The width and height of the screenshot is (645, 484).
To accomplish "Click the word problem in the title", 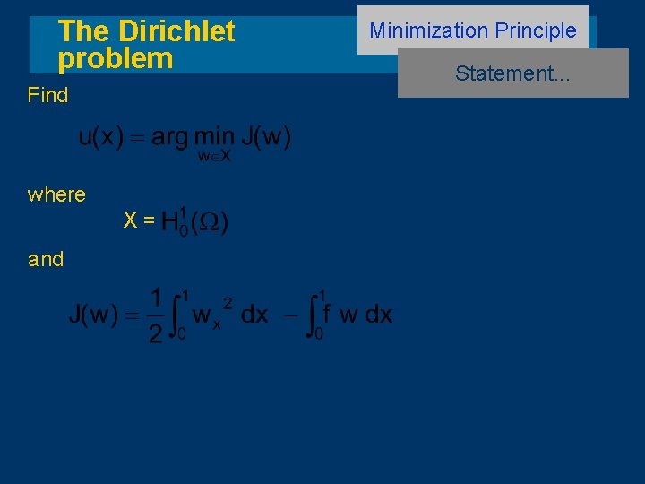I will point(116,58).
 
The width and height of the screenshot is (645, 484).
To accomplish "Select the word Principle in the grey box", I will point(535,30).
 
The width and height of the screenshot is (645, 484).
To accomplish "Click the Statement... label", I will point(512,73).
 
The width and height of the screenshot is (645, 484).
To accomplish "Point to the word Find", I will point(47,95).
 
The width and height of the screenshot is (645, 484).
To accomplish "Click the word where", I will point(56,194).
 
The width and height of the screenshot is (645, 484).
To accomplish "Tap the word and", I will point(46,260).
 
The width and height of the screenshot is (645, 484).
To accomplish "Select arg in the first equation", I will point(169,138).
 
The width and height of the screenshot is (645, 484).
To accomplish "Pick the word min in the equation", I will point(215,137).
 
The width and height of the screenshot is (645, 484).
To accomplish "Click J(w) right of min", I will point(266,137).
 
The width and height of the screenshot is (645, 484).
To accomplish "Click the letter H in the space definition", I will point(169,222).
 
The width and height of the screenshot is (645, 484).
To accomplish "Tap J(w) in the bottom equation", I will point(93,315).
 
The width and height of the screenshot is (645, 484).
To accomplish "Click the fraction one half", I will point(155,315).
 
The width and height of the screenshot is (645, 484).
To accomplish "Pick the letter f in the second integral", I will point(326,314).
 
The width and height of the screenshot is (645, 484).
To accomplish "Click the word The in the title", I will point(82,31).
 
